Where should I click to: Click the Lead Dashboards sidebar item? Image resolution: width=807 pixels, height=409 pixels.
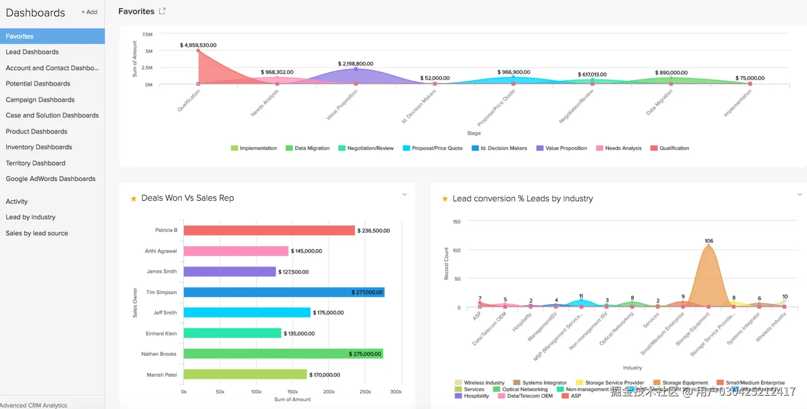pos(32,52)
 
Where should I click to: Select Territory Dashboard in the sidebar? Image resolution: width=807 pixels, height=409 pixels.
pos(35,163)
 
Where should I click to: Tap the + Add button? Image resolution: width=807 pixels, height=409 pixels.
pos(89,12)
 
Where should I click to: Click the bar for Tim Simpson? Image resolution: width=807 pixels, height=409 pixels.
pos(284,292)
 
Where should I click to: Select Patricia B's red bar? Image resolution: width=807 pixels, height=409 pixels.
pos(269,230)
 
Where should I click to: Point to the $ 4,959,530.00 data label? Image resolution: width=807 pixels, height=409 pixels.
pos(198,45)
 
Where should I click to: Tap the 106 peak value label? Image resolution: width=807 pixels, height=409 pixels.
pos(709,241)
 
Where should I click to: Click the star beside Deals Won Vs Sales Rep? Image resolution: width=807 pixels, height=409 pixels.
pos(134,199)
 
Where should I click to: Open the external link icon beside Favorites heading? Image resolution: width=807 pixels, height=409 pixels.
pos(162,11)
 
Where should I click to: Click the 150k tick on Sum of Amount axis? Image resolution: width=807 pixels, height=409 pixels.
pos(292,392)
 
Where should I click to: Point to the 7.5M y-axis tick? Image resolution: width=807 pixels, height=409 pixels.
pos(147,34)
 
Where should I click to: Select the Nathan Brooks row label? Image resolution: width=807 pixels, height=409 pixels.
pos(159,354)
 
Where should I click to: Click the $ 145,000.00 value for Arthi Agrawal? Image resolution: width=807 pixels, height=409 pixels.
pos(306,251)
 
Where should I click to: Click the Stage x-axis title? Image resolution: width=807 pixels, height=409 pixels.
pos(474,133)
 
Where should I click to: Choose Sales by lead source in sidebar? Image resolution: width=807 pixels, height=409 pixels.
pos(37,233)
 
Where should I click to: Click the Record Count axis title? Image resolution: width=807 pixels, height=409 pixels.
pos(446,263)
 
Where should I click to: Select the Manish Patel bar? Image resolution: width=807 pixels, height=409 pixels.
pos(245,375)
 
